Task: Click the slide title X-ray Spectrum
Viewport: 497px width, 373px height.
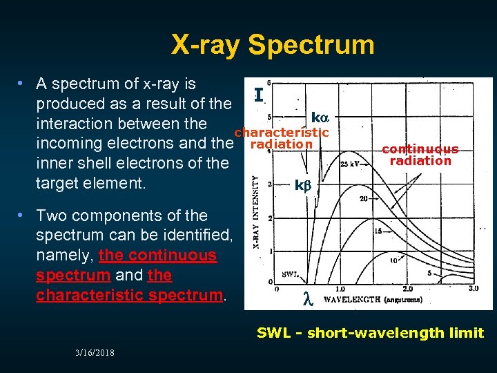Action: [x=273, y=45]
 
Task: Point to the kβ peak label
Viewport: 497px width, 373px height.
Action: [x=304, y=185]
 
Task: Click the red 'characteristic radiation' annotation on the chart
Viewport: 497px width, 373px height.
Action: [x=281, y=138]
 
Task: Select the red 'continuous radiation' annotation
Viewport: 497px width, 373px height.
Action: [x=420, y=155]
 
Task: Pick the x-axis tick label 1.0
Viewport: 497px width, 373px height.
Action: [x=340, y=289]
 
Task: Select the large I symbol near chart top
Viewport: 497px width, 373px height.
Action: [x=257, y=95]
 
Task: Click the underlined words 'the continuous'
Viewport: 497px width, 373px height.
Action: [x=158, y=255]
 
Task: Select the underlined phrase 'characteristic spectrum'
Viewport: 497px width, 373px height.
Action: [x=129, y=295]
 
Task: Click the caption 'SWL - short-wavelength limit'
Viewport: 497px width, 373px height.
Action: [x=370, y=333]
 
